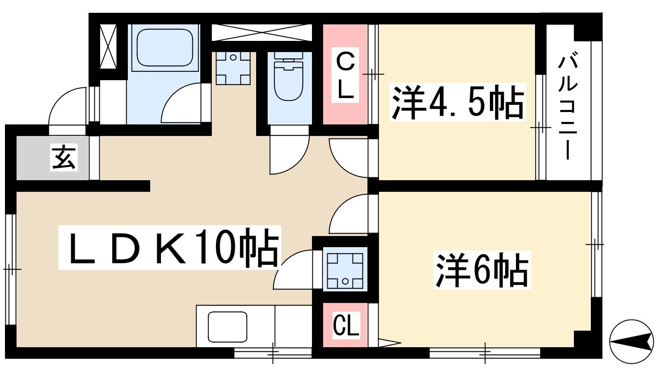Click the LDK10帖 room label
(173, 248)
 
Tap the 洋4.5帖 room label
(458, 102)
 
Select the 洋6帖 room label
(482, 270)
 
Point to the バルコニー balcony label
(567, 109)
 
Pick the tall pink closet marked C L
(345, 74)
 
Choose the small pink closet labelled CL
(345, 325)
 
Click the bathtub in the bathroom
(165, 47)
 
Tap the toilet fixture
(289, 77)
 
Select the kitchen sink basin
(227, 327)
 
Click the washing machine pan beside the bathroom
(233, 68)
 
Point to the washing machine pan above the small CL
(345, 269)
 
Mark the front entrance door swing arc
(60, 98)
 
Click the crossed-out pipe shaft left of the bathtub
(108, 47)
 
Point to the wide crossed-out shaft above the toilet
(262, 33)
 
